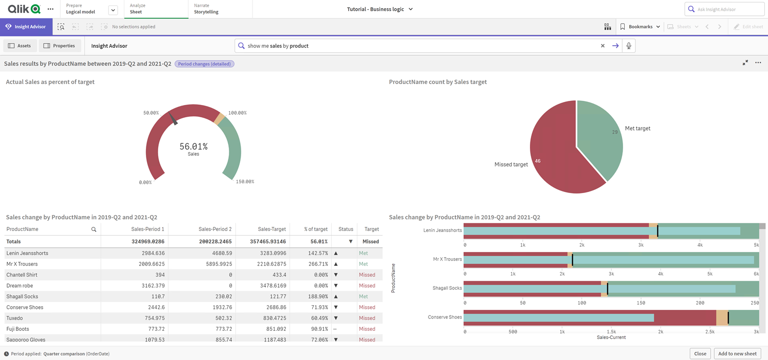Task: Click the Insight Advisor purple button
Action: click(x=26, y=27)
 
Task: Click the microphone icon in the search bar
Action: click(x=629, y=46)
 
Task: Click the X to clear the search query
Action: click(x=603, y=46)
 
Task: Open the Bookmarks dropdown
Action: click(x=640, y=27)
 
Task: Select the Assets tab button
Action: click(x=19, y=46)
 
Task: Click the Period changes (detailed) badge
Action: click(x=204, y=64)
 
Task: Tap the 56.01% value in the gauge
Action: click(x=194, y=146)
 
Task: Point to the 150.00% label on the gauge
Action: click(x=245, y=181)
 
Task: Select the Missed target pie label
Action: click(x=511, y=164)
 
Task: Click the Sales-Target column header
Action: click(x=272, y=229)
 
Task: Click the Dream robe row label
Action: click(x=19, y=286)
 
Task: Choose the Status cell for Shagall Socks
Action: click(x=336, y=297)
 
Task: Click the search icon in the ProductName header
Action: click(x=94, y=229)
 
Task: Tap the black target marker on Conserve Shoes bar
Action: click(x=728, y=317)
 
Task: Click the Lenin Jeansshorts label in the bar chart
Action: click(x=443, y=230)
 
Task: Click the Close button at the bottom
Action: click(x=700, y=353)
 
